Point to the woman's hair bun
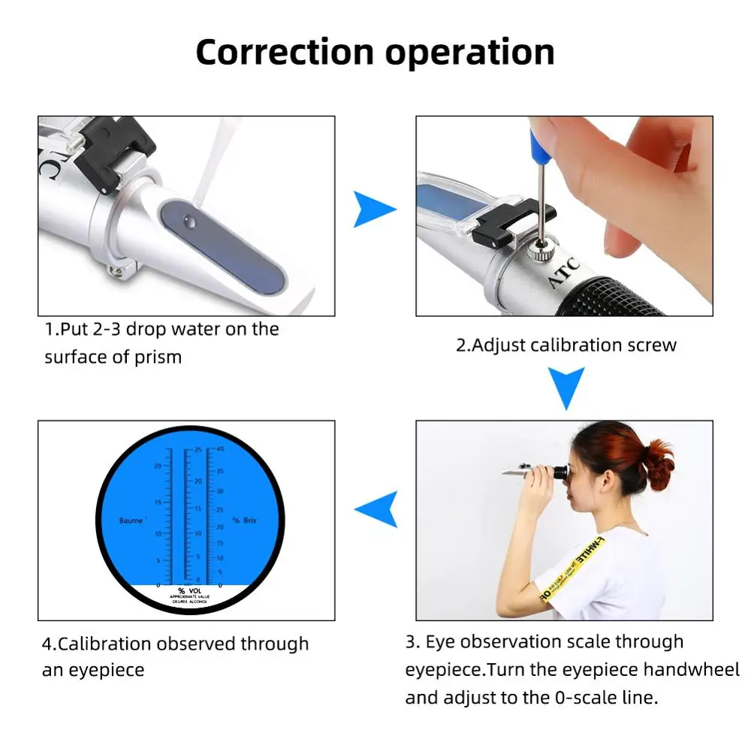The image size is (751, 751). (659, 461)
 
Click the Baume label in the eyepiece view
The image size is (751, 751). (131, 520)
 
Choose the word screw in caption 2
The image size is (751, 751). (653, 345)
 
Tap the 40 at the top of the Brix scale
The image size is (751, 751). (220, 449)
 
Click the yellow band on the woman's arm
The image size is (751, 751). (550, 584)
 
